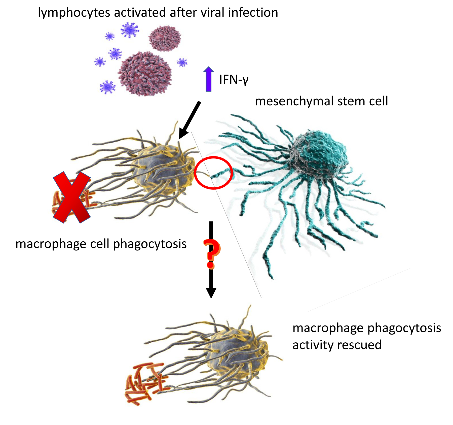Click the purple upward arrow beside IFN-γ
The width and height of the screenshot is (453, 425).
click(208, 79)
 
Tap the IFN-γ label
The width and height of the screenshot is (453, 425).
click(234, 80)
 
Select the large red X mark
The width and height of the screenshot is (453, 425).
click(72, 197)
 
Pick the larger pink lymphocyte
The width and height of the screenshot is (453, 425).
click(145, 74)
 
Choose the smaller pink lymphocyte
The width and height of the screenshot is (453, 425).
click(165, 38)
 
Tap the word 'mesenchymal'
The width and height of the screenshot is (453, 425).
click(294, 101)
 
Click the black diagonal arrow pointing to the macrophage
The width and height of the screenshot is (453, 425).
click(190, 120)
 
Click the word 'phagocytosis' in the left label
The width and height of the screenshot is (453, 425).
click(150, 244)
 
